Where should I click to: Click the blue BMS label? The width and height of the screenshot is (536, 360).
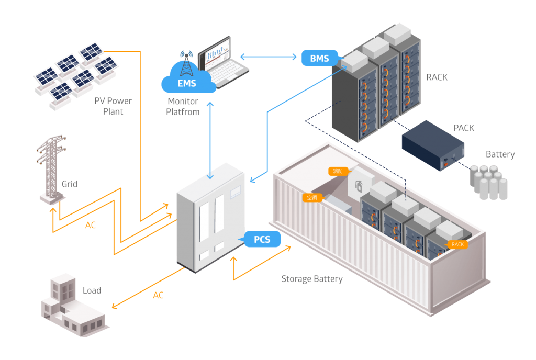point(319,58)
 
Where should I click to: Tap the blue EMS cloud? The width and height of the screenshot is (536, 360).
point(188,83)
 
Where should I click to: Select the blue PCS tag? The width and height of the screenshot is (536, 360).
point(262,240)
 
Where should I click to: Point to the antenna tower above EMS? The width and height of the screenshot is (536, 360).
point(186,62)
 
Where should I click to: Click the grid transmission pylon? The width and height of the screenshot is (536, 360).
point(52,167)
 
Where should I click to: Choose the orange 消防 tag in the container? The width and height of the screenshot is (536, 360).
point(336,171)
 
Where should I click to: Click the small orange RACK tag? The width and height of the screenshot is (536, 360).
point(457,244)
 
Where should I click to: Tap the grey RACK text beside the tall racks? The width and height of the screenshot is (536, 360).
point(437,77)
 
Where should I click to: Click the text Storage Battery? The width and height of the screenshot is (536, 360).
point(312,279)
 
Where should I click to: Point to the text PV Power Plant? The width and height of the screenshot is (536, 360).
point(113,106)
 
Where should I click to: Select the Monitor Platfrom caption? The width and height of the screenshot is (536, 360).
point(183,106)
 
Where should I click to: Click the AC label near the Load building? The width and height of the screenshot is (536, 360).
point(158,296)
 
